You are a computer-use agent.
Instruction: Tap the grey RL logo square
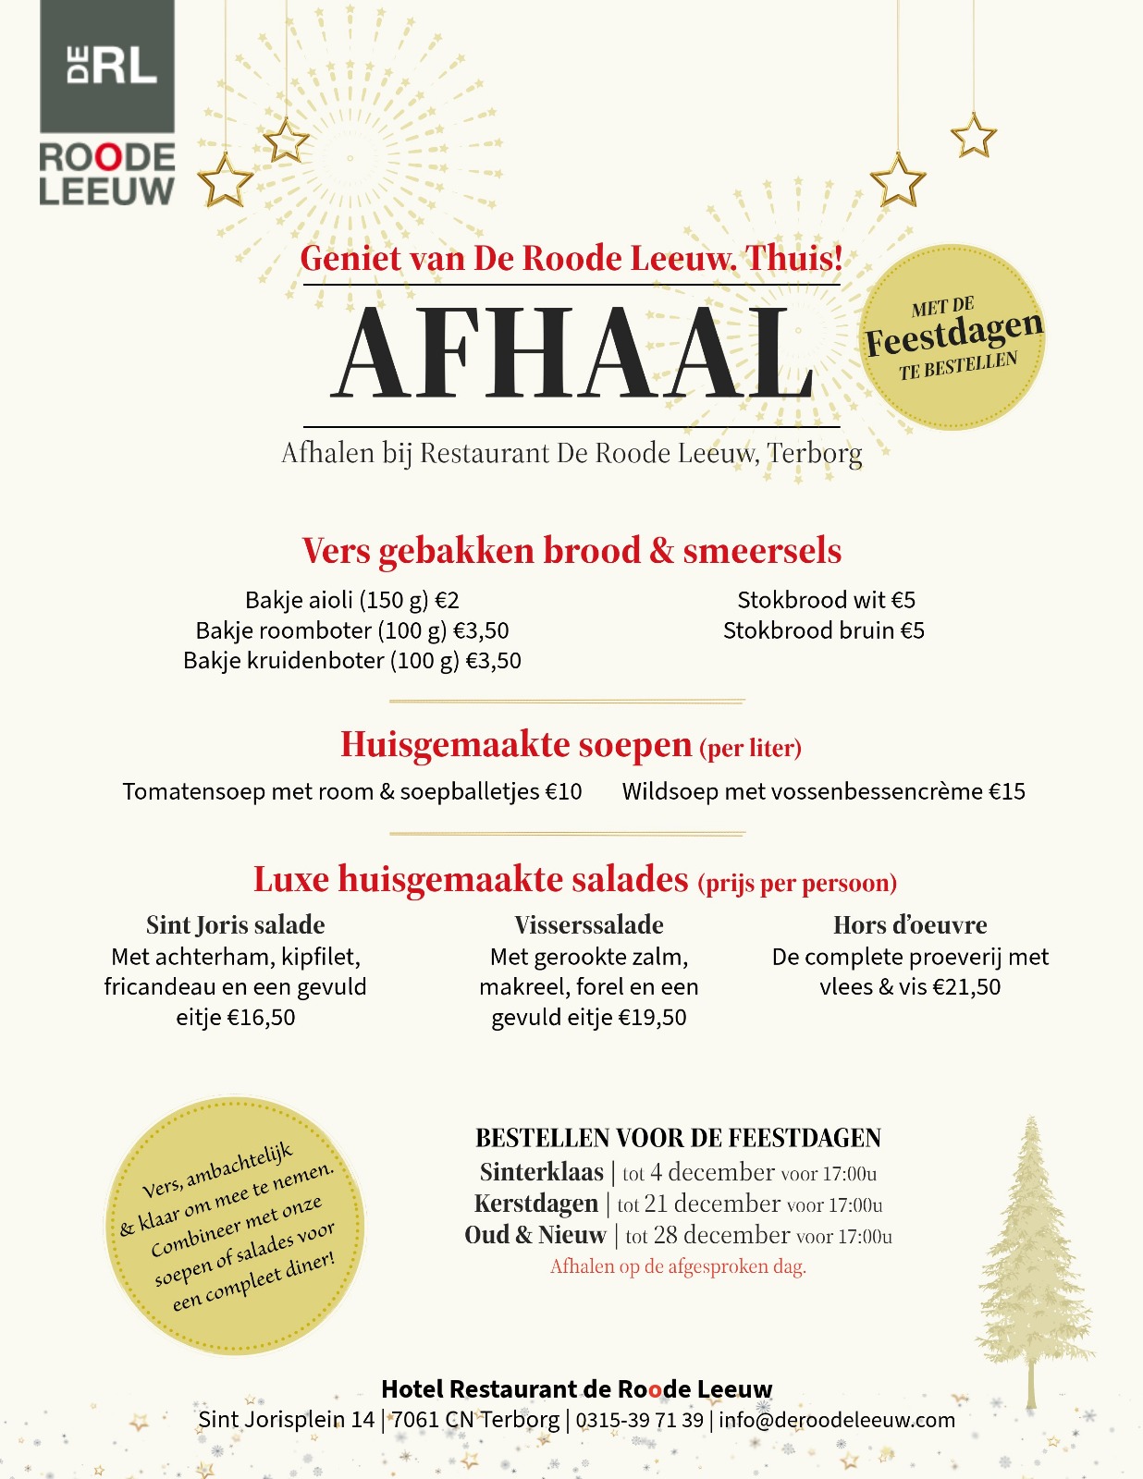coord(107,66)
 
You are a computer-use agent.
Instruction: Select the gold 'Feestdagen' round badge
coord(953,337)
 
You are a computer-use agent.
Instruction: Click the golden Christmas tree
coord(1032,1257)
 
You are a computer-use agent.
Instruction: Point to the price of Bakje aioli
coord(448,601)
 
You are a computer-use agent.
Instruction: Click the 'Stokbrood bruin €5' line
coord(823,631)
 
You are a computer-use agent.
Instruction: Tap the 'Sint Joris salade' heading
coord(236,925)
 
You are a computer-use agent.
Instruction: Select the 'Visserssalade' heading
coord(589,925)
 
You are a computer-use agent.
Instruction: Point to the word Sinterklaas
coord(541,1172)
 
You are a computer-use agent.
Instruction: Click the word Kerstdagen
coord(536,1204)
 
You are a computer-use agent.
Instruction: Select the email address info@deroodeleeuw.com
coord(837,1420)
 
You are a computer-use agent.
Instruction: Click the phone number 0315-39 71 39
coord(640,1420)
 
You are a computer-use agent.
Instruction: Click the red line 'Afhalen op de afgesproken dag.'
coord(678,1266)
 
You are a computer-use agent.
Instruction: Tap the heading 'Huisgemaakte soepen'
coord(516,744)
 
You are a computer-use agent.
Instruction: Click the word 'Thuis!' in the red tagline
coord(794,258)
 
